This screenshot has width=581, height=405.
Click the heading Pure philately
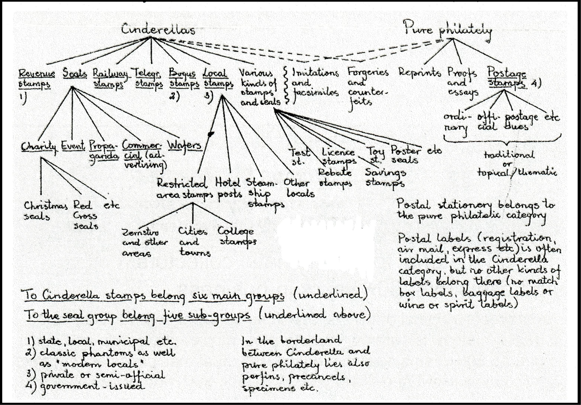pos(447,30)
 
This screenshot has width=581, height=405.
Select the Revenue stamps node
pos(36,79)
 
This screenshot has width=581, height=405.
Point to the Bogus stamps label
pos(184,79)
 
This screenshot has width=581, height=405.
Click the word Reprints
pos(420,73)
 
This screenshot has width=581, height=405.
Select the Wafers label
pos(185,146)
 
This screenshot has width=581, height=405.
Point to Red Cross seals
pos(85,215)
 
